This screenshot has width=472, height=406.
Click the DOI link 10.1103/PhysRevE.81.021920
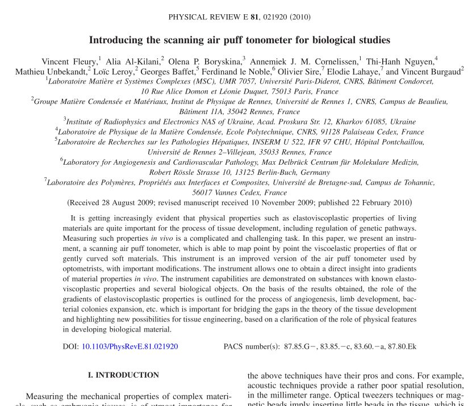(130, 346)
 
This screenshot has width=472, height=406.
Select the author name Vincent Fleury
(69, 61)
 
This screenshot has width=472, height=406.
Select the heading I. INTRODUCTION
(123, 375)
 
